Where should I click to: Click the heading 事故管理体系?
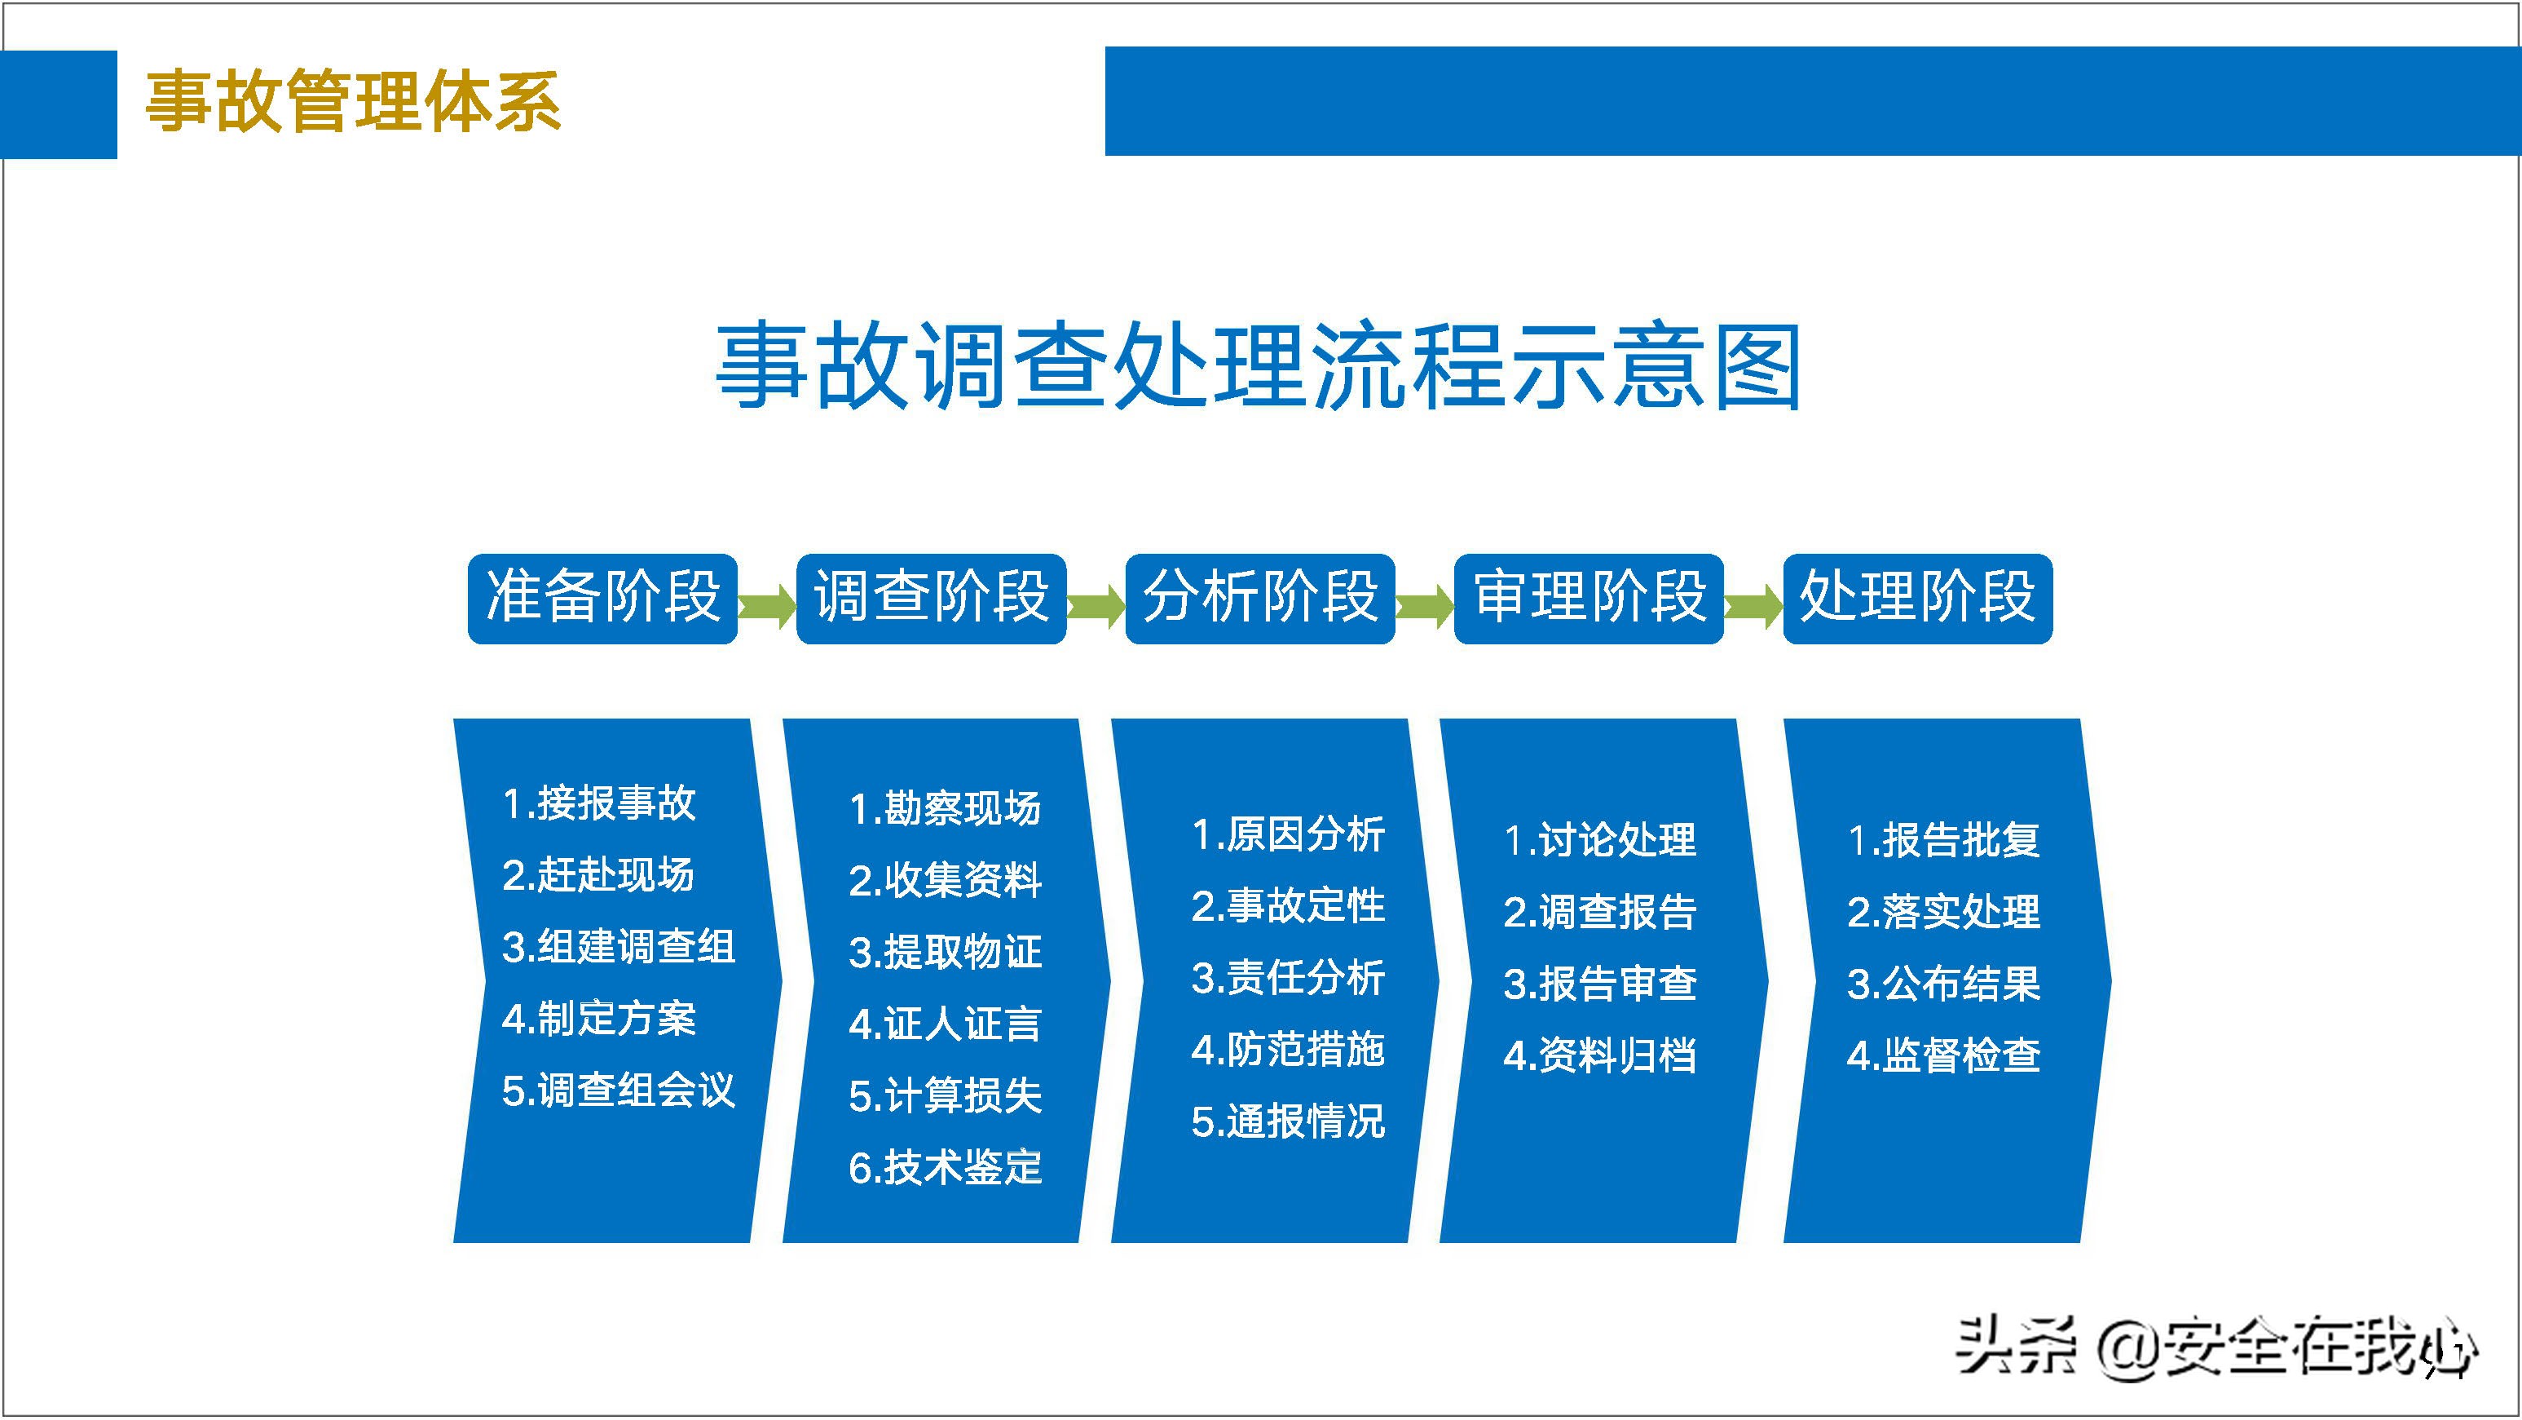coord(352,102)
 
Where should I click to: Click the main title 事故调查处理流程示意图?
coord(1258,367)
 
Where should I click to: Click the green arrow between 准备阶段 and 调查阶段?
coord(766,606)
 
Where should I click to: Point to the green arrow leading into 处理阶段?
coord(1753,606)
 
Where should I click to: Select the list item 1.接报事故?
coord(598,803)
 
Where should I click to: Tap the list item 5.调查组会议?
coord(618,1090)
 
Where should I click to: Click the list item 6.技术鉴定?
coord(945,1167)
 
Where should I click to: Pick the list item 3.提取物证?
coord(945,952)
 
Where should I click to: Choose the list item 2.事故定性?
coord(1287,905)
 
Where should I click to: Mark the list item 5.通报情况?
coord(1287,1121)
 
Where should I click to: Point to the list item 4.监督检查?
coord(1942,1055)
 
